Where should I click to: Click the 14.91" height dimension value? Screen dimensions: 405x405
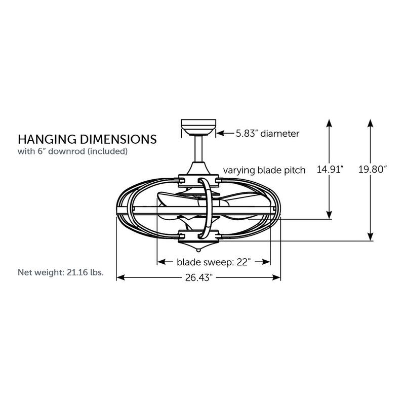click(330, 170)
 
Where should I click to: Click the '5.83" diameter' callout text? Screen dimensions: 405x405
click(267, 134)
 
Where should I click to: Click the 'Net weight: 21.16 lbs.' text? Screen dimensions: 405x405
click(61, 272)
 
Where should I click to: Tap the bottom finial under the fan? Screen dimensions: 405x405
click(198, 250)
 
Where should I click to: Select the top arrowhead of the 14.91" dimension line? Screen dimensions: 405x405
click(330, 124)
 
